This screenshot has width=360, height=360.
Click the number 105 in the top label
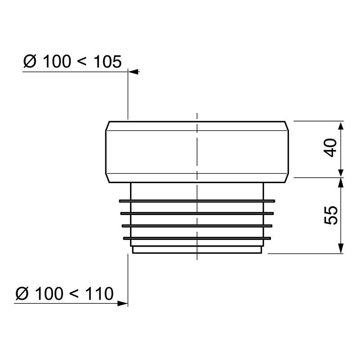107,61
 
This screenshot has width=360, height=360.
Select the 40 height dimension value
331,148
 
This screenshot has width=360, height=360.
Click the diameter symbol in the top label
30,61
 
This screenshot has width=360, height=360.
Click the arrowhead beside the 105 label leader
134,72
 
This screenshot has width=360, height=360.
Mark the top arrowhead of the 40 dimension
341,125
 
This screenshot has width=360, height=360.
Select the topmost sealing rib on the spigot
196,200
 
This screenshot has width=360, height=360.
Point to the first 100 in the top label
56,61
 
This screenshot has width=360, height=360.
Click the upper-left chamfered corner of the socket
107,126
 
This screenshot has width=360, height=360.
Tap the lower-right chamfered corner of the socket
286,178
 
